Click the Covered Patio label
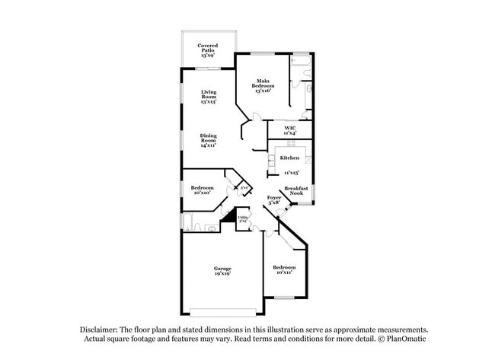pos(208,50)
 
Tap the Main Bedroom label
pos(263,85)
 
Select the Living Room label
pos(209,97)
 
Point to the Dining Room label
pos(209,140)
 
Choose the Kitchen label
pos(289,158)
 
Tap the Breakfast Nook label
pos(296,190)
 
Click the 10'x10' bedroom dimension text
pos(202,193)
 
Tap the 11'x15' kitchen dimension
pos(289,174)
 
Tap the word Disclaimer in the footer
pos(98,330)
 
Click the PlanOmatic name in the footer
pos(409,339)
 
